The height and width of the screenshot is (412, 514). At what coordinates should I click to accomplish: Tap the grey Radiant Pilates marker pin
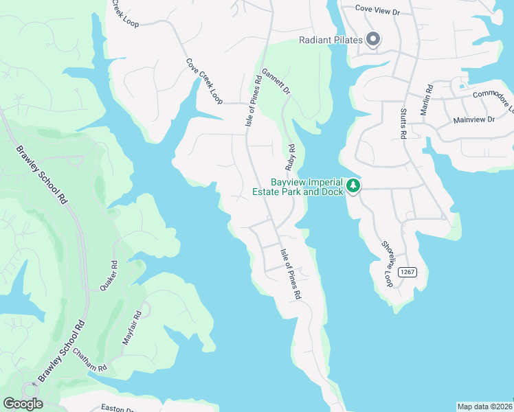pos(373,40)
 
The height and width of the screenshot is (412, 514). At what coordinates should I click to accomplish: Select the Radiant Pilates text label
pos(330,41)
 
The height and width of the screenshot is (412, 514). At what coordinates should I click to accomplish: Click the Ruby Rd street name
pos(291,157)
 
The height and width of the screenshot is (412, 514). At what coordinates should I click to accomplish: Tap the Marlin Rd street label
pos(428,99)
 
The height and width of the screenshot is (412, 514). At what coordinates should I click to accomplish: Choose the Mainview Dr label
pos(473,120)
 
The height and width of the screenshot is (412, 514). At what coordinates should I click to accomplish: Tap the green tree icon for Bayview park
pos(353,185)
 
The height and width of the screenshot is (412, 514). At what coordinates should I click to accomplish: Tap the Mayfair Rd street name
pos(137,327)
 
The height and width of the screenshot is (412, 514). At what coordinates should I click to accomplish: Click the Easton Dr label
pos(118,409)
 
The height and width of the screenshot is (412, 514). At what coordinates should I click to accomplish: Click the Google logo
pos(23,404)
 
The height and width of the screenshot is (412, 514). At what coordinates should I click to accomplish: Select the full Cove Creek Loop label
pos(204,82)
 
